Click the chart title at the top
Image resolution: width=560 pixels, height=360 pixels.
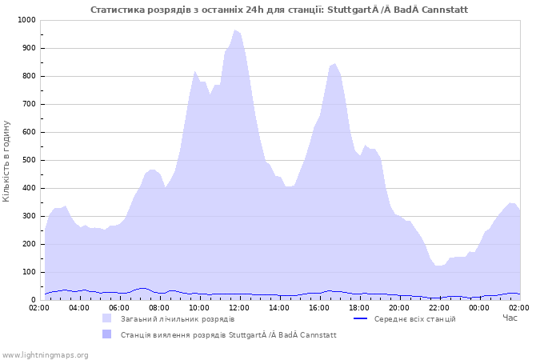click(x=279, y=10)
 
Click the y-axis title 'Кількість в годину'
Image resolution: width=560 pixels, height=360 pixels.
click(x=7, y=160)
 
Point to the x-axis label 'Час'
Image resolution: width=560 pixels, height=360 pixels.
click(x=510, y=318)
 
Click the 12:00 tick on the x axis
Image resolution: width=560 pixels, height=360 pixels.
click(x=239, y=307)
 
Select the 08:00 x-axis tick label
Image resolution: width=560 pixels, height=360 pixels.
click(x=159, y=307)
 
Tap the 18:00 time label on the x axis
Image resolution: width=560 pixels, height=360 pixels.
click(x=359, y=307)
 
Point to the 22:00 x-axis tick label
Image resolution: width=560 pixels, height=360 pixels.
click(x=439, y=307)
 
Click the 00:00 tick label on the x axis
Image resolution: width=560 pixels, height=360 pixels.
click(x=479, y=307)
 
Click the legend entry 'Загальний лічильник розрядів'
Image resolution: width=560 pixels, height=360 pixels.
click(x=178, y=319)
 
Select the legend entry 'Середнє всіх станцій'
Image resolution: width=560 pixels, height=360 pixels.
click(x=414, y=319)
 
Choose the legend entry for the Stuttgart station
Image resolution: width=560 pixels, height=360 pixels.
click(x=228, y=335)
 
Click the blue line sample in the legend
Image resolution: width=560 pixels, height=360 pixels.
click(x=361, y=319)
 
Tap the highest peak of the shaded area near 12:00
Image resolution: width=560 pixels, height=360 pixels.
click(x=235, y=31)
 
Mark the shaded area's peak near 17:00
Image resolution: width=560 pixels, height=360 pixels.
click(x=334, y=64)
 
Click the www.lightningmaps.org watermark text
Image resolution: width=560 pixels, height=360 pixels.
click(x=45, y=354)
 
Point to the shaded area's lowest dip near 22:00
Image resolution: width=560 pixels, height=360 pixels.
click(x=438, y=266)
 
